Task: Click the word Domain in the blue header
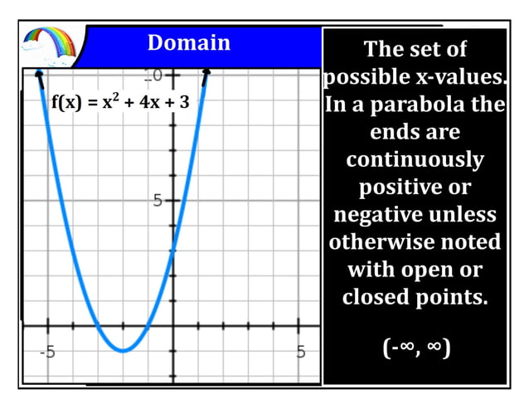188,42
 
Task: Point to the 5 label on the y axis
158,201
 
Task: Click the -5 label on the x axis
48,351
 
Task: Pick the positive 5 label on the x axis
301,351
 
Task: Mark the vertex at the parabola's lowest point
123,350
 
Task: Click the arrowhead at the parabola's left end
38,77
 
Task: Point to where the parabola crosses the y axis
173,250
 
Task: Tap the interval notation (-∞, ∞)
416,347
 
